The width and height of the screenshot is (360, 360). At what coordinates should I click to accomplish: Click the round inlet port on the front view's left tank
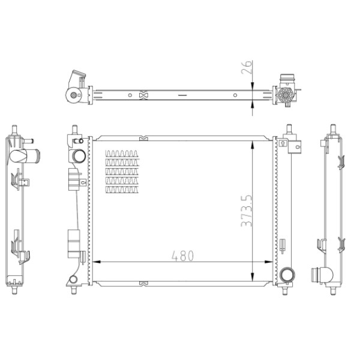pos(79,157)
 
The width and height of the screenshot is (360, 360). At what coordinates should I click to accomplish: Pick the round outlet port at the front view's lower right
pos(287,275)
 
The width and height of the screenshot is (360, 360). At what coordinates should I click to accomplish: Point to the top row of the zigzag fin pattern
pos(122,153)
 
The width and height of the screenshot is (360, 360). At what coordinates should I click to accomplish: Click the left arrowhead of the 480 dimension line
pos(99,262)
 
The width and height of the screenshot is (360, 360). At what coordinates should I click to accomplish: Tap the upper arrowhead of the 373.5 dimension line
pos(254,143)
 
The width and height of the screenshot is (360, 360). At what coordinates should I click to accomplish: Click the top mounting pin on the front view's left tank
pos(74,130)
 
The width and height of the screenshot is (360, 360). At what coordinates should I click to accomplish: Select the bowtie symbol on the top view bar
pos(143,94)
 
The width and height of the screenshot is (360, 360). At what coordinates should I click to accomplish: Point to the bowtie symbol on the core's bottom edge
pos(142,283)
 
